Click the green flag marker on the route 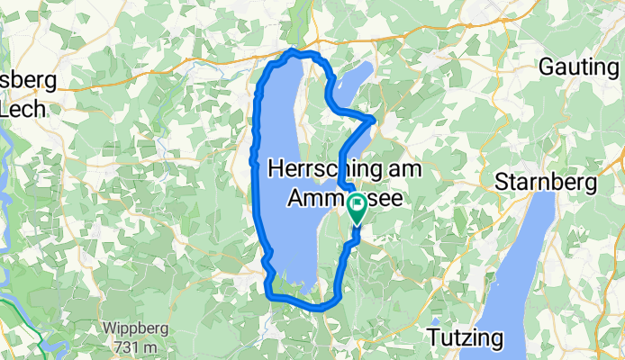click(x=357, y=208)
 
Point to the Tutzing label click(x=461, y=338)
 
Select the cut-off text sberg click(x=28, y=80)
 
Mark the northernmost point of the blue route click(x=291, y=51)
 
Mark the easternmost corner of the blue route click(x=375, y=118)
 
